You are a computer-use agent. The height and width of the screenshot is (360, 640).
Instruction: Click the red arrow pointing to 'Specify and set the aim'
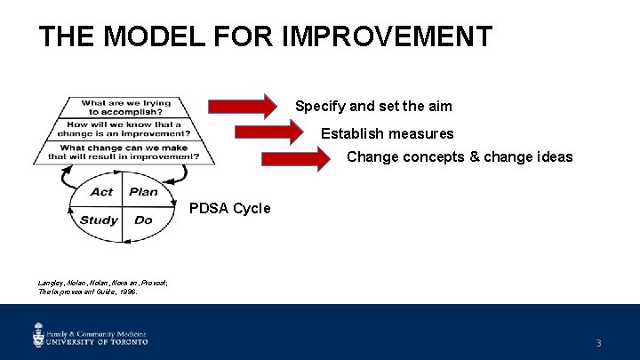click(244, 107)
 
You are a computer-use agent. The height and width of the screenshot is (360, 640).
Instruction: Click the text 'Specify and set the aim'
click(373, 107)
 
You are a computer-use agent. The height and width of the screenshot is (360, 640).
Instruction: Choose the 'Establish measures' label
click(387, 134)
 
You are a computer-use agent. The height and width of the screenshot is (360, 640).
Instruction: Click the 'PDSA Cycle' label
click(229, 209)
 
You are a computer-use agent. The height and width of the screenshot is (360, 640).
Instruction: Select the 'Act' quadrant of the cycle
click(101, 192)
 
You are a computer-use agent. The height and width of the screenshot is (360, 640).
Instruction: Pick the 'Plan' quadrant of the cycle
click(143, 192)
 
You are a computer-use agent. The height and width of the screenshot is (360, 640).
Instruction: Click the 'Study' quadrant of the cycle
click(99, 220)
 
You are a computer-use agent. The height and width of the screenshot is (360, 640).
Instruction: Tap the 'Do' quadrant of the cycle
click(143, 220)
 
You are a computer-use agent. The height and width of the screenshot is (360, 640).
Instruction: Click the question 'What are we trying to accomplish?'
click(125, 107)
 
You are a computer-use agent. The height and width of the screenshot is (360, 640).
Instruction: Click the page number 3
click(598, 343)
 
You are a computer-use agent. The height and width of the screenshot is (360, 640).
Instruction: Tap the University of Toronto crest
click(38, 335)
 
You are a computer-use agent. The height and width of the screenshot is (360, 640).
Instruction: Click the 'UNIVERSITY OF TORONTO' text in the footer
click(97, 340)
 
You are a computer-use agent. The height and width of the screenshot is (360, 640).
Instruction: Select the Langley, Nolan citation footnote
click(89, 286)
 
